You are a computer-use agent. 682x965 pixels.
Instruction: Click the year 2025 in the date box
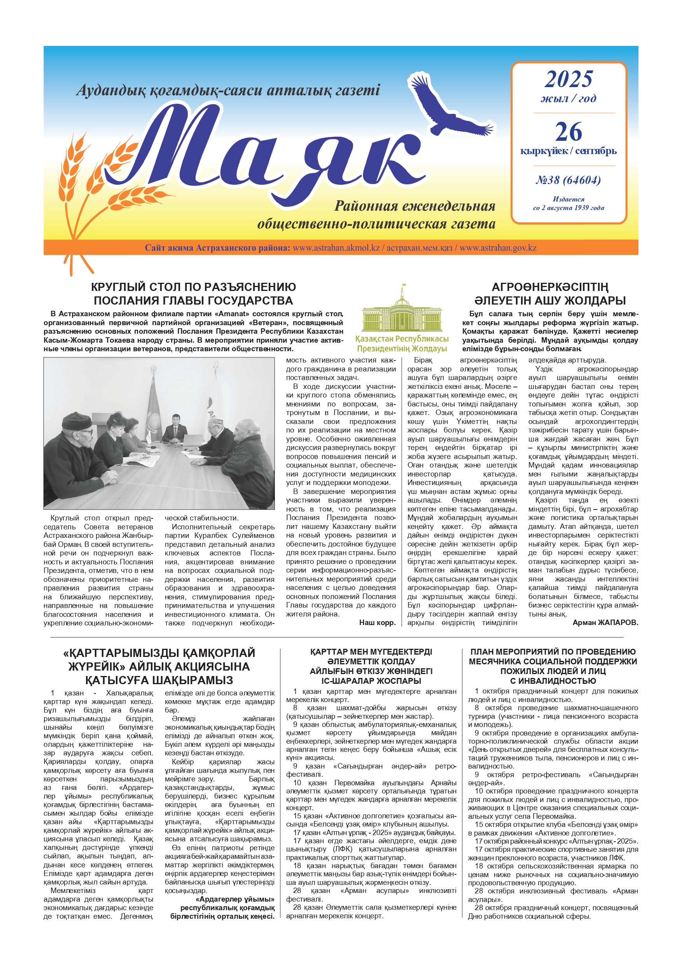pyautogui.click(x=568, y=79)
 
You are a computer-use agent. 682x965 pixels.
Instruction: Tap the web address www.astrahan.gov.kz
pyautogui.click(x=498, y=248)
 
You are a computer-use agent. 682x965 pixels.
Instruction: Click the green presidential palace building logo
pyautogui.click(x=402, y=311)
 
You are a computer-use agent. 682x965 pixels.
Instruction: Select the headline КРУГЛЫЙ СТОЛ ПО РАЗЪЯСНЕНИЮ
pyautogui.click(x=193, y=287)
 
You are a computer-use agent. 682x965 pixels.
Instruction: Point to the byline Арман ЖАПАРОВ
pyautogui.click(x=605, y=622)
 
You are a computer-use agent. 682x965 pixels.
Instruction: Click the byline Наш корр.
pyautogui.click(x=377, y=622)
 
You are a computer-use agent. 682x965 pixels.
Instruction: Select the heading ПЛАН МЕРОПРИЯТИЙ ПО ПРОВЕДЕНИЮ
pyautogui.click(x=553, y=652)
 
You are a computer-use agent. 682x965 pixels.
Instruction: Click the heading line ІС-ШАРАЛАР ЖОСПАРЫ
pyautogui.click(x=371, y=681)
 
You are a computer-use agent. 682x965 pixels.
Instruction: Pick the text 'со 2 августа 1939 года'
pyautogui.click(x=568, y=208)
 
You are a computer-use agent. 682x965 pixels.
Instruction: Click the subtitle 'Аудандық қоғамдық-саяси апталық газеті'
pyautogui.click(x=228, y=90)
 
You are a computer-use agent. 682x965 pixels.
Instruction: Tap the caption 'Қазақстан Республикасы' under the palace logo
pyautogui.click(x=402, y=339)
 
